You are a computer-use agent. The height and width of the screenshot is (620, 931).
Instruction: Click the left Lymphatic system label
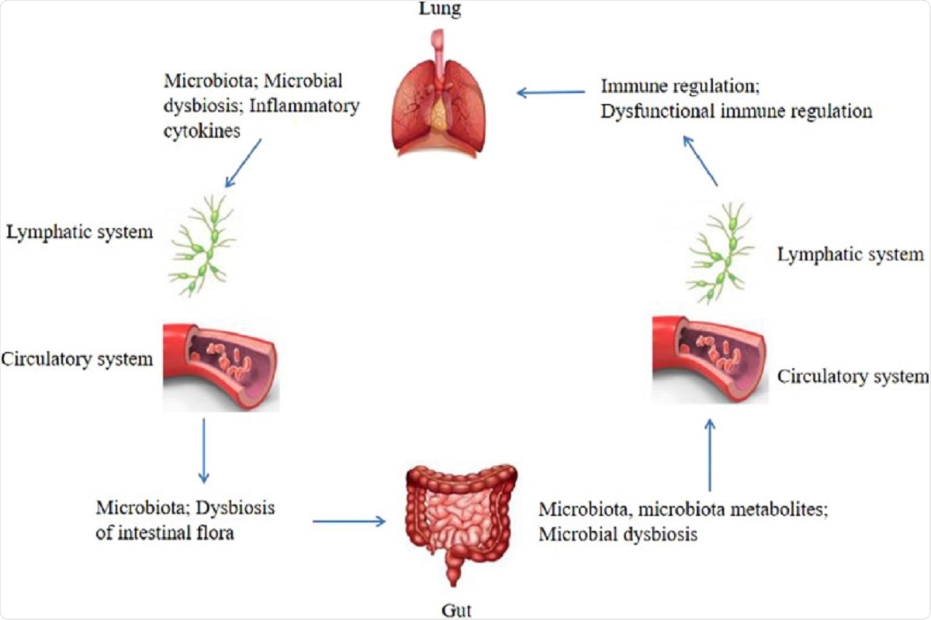coord(79,231)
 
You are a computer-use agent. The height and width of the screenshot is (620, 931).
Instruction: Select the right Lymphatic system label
coord(850,253)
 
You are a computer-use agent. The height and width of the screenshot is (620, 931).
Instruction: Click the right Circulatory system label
coord(852,377)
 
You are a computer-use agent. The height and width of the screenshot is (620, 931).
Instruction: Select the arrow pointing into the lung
coord(551,92)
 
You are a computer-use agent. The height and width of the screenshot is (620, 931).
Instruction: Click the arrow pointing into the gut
coord(349,521)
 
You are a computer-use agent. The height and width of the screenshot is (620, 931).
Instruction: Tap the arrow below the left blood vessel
coord(204,449)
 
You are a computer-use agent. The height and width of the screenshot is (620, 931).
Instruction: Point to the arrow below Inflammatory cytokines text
coord(243,164)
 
